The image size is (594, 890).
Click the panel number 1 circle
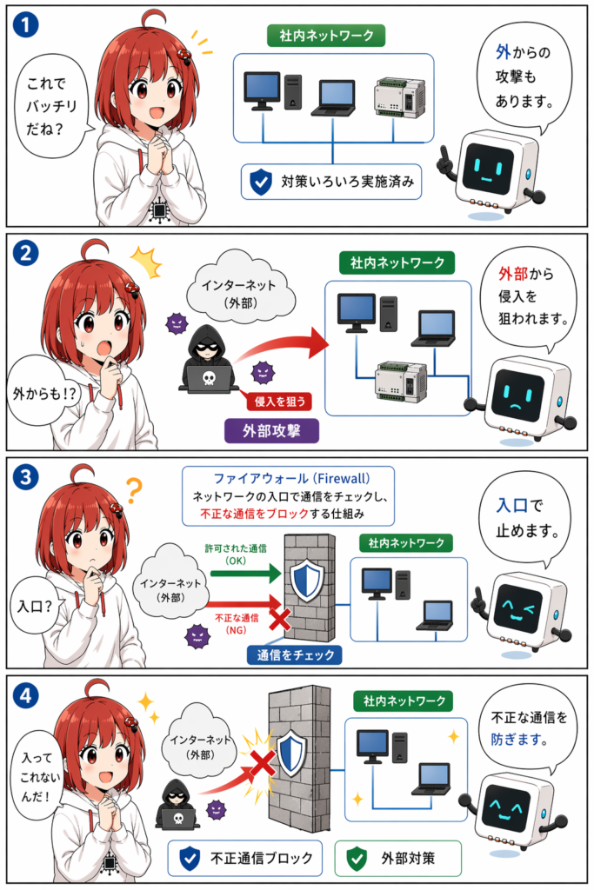coord(25,25)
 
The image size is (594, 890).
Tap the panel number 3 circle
coord(25,477)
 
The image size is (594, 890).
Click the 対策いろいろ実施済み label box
coord(331,182)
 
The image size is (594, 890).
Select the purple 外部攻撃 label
coord(272,431)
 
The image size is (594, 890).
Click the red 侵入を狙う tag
coord(279,402)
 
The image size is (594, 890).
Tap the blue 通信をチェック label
coord(296,655)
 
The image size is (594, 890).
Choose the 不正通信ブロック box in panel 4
coord(244,858)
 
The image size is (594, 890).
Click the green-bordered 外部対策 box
coord(397,858)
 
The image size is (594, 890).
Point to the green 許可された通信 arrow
coord(246,574)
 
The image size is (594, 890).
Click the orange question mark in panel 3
coord(133,490)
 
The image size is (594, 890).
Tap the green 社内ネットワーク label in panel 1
coord(326,36)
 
